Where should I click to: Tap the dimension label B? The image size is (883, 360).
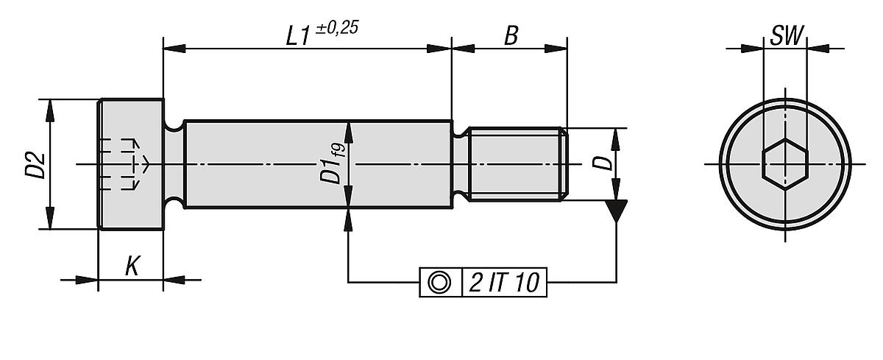pos(510,37)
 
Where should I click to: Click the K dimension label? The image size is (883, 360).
pos(131,267)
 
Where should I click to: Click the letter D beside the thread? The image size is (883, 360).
pos(603,163)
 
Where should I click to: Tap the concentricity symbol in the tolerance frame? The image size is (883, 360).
pos(439,282)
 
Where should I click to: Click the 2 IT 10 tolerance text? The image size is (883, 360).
pos(503,283)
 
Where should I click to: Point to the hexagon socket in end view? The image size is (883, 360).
pos(784,163)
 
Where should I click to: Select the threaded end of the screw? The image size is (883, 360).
pos(519,163)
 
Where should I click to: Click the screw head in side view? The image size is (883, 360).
pos(131,163)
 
